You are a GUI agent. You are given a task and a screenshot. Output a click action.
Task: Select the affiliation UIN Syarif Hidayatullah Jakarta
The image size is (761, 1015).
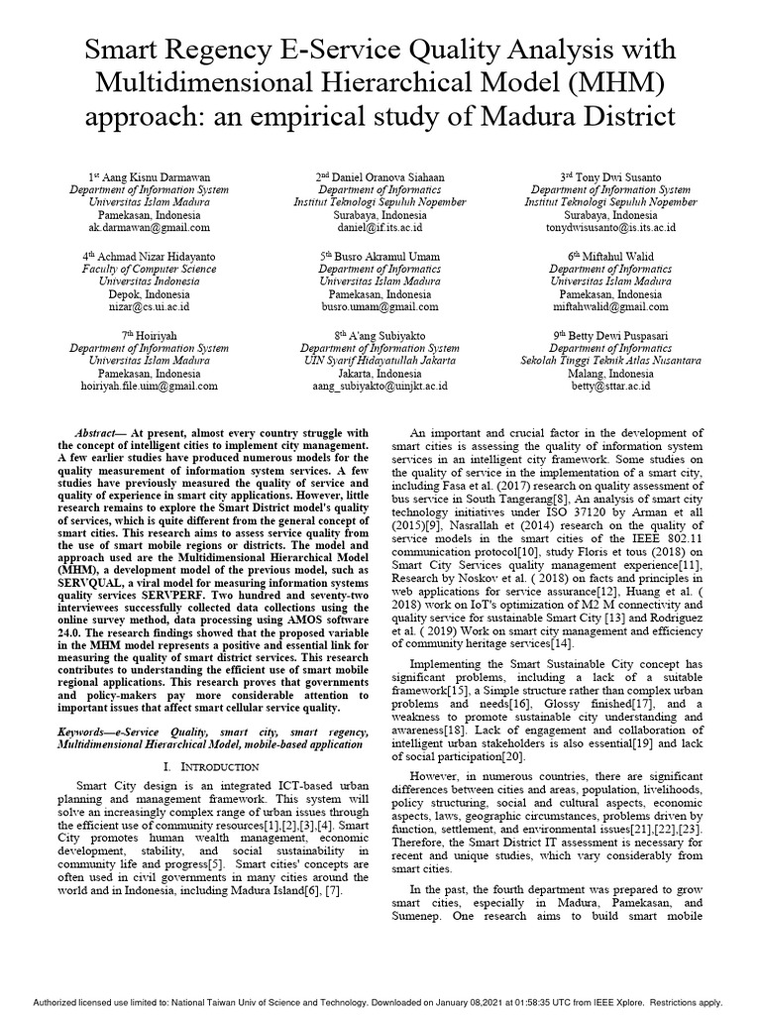(380, 361)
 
